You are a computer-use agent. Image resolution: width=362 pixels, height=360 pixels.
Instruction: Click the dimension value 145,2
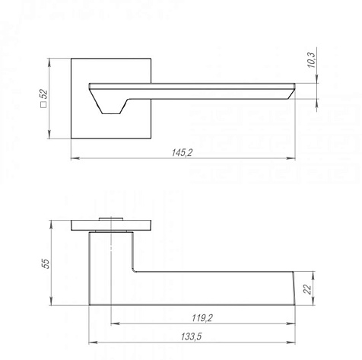pyautogui.click(x=182, y=152)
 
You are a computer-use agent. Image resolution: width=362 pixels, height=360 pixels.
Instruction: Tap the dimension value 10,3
pyautogui.click(x=312, y=60)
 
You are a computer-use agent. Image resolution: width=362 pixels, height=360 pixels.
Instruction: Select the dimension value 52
pyautogui.click(x=44, y=94)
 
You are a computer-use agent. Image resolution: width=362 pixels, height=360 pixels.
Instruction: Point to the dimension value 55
pyautogui.click(x=46, y=263)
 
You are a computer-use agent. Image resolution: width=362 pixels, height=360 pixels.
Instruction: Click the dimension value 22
pyautogui.click(x=307, y=289)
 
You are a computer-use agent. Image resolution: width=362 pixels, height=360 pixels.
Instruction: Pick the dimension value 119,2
pyautogui.click(x=202, y=317)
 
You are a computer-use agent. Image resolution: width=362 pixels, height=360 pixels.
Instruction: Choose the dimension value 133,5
pyautogui.click(x=191, y=336)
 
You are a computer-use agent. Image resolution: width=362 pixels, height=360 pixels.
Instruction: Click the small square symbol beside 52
pyautogui.click(x=44, y=105)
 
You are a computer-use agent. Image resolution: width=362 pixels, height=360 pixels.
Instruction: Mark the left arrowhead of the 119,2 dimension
pyautogui.click(x=116, y=323)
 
